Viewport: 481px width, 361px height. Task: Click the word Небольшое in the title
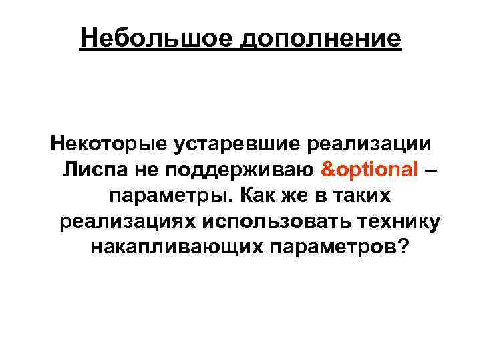click(x=155, y=37)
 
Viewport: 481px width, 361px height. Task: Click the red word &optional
click(x=370, y=170)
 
